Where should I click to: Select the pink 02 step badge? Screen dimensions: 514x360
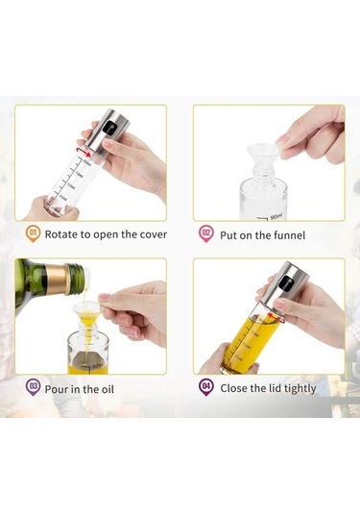[x=205, y=233]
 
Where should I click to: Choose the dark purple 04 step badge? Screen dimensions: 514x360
[x=205, y=386]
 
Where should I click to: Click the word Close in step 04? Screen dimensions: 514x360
[x=236, y=387]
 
